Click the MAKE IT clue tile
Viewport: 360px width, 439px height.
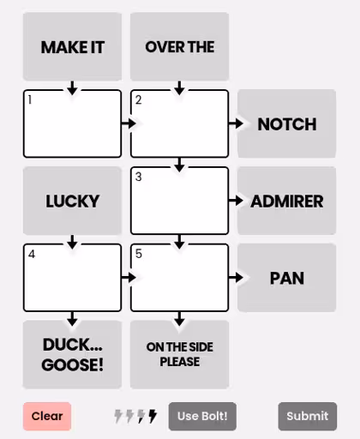click(x=72, y=46)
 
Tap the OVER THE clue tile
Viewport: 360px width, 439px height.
click(x=179, y=46)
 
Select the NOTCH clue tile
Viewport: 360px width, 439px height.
click(x=286, y=123)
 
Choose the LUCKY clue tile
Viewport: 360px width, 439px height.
click(x=72, y=201)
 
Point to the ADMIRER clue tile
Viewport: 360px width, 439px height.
click(x=286, y=201)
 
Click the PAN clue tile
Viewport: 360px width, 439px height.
click(x=286, y=278)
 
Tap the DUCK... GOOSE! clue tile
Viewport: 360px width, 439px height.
click(x=72, y=354)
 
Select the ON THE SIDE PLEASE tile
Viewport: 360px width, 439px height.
click(x=179, y=354)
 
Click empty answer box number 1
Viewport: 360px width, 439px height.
click(x=72, y=123)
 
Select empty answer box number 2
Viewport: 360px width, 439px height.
click(x=179, y=123)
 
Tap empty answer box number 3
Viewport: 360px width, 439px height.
click(x=179, y=201)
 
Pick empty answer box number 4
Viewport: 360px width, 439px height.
click(x=72, y=278)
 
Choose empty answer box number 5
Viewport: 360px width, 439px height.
click(x=179, y=278)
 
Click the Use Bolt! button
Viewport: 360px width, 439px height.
click(x=202, y=416)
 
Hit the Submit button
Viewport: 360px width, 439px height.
click(x=308, y=416)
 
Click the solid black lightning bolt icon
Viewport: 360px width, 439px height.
click(x=153, y=416)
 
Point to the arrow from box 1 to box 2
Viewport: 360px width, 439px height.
click(x=129, y=123)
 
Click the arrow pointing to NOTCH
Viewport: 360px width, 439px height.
click(x=236, y=123)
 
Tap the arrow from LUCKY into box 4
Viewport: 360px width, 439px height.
click(x=72, y=242)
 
